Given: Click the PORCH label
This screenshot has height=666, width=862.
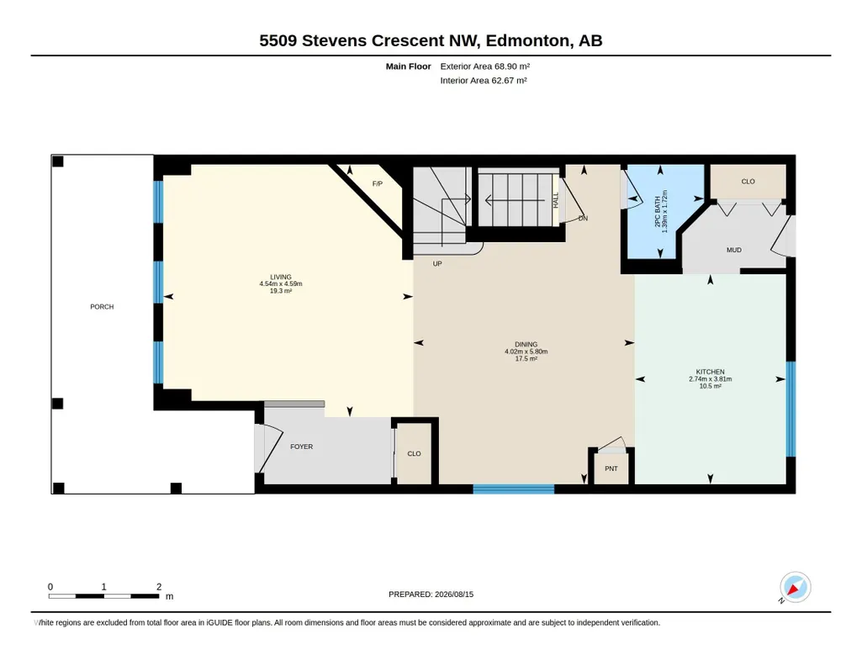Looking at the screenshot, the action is tap(102, 307).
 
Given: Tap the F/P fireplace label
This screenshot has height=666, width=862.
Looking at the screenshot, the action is tap(377, 183).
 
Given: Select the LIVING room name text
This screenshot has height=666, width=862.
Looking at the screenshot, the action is tap(281, 277).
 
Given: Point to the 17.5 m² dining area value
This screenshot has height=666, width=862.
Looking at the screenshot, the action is tap(526, 358).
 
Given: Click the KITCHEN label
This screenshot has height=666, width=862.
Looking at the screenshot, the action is tap(711, 372).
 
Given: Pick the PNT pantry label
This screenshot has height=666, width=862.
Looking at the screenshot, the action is tap(611, 468).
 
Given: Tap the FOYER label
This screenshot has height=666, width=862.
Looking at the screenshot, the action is tap(302, 447).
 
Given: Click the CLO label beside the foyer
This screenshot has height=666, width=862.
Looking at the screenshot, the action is tap(414, 454).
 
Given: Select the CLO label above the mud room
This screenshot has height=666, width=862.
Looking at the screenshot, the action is tap(748, 182).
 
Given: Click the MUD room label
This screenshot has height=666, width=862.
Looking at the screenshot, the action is tap(734, 250).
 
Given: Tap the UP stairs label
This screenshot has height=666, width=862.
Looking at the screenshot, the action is tap(437, 264).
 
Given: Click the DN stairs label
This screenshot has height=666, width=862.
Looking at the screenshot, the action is tap(584, 218).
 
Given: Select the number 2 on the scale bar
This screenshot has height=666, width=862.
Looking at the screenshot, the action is tap(159, 587).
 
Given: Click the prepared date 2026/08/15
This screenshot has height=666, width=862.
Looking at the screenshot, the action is tap(454, 594).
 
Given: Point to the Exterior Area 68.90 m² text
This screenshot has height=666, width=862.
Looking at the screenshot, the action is tap(485, 66).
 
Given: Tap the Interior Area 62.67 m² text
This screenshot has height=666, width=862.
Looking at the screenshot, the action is tap(484, 80).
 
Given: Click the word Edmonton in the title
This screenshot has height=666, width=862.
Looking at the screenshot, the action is tap(527, 40).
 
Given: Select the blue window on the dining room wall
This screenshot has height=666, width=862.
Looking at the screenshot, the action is tap(514, 489).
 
